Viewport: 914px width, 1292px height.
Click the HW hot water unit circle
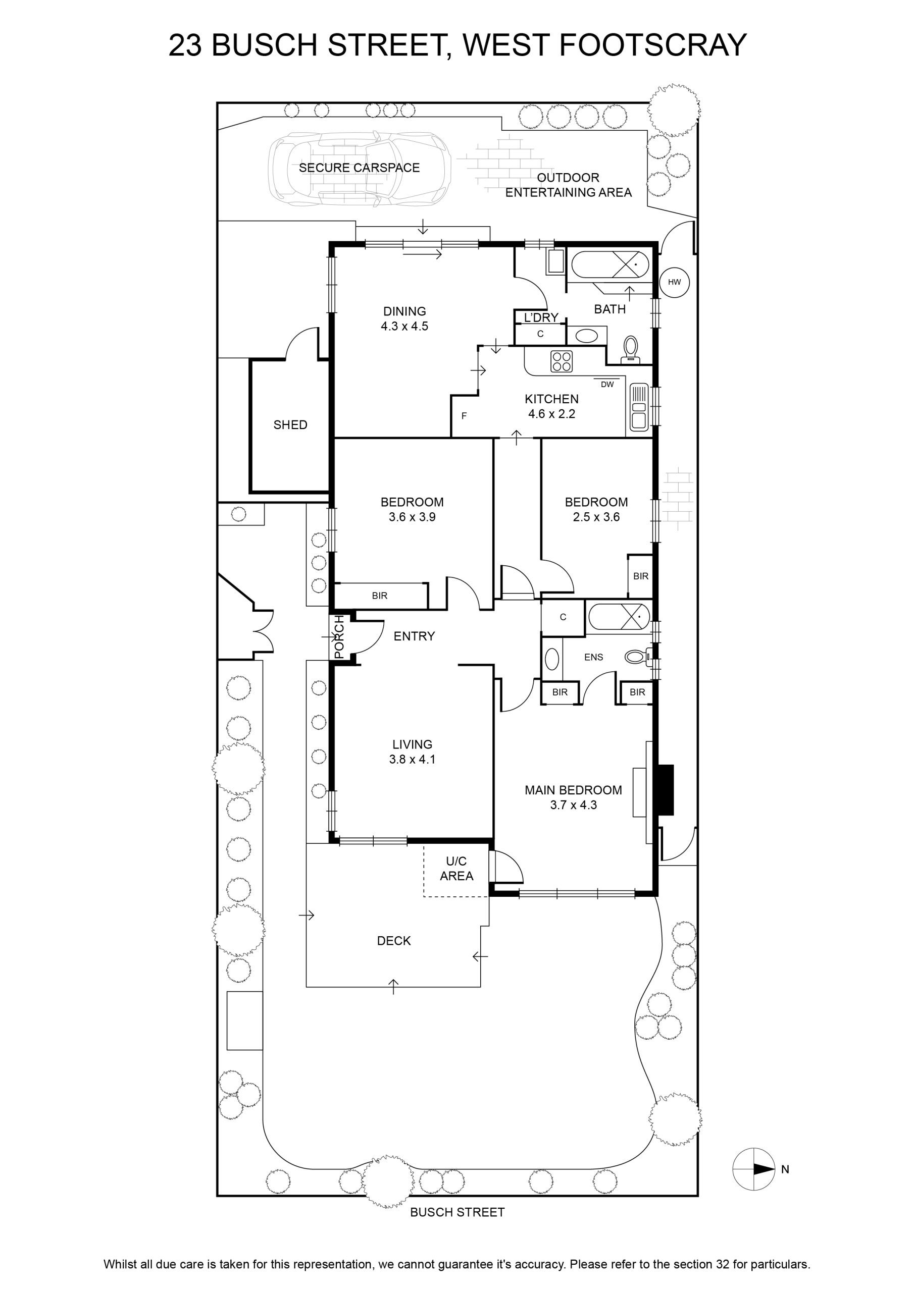pos(674,282)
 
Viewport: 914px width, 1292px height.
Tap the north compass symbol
pos(753,1169)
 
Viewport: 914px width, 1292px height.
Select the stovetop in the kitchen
pos(562,361)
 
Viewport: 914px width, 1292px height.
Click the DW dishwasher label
pos(607,385)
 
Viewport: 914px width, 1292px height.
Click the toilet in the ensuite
pos(639,656)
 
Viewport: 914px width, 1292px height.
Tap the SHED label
pos(290,425)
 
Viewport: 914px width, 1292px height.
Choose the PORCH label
pos(338,637)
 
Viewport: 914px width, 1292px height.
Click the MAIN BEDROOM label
pos(573,790)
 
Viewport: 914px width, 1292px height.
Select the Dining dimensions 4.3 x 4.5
pos(404,327)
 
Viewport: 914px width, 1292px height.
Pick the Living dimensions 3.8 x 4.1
pos(412,759)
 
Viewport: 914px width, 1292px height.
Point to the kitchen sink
pos(639,407)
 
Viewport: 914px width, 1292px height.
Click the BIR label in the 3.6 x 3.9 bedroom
pos(380,596)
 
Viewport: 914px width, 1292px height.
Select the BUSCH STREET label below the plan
pos(458,1212)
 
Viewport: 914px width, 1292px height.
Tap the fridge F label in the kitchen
pos(464,416)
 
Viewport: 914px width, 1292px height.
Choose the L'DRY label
pos(541,317)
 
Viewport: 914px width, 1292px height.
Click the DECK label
pos(394,941)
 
